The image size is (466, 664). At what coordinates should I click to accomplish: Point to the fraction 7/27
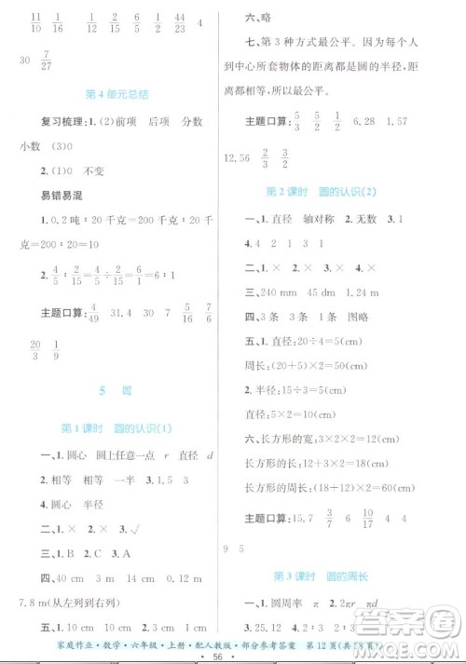[x=62, y=59]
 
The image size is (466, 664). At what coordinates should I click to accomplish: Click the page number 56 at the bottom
[x=233, y=655]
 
